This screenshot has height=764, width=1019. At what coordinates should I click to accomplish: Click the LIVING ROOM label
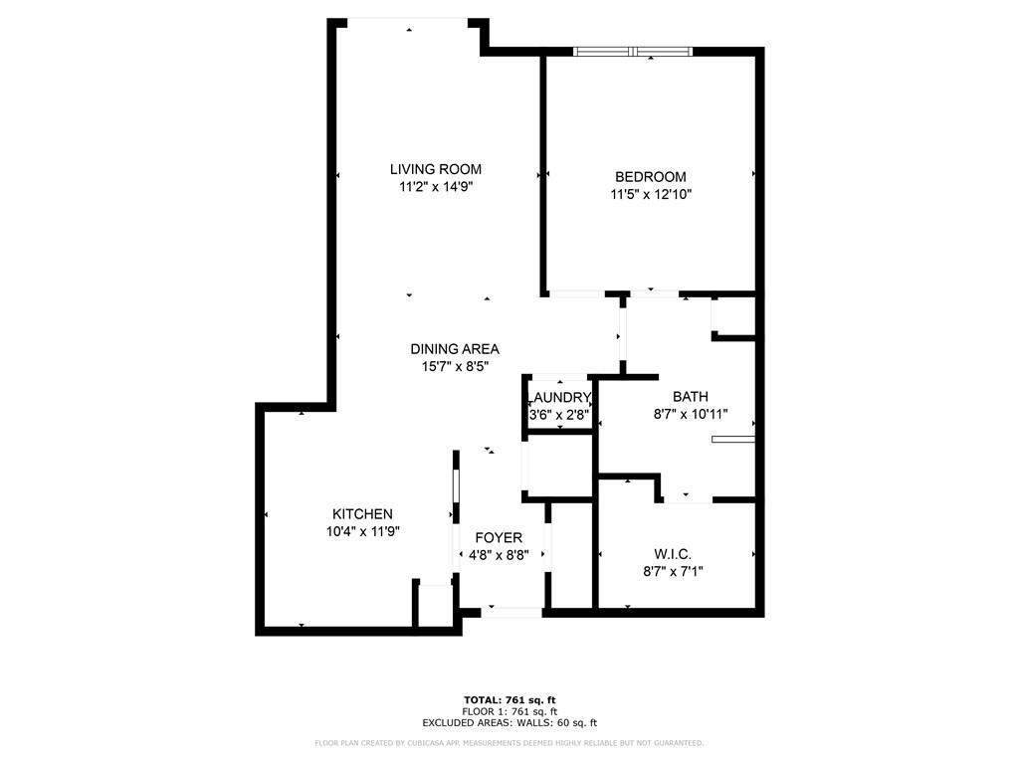pos(436,169)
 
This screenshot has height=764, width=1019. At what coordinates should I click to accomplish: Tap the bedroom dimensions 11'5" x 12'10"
pos(651,194)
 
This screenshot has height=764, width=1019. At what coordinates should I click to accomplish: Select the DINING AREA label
pos(454,349)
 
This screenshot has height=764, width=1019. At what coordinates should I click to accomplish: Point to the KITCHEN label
pos(362,514)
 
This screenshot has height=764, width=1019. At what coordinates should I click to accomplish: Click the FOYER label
pos(499,538)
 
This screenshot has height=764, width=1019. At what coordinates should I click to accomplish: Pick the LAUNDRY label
pos(559,398)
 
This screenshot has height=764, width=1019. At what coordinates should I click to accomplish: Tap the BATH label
pos(691,396)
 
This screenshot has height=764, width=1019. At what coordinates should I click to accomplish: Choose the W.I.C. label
pos(673,554)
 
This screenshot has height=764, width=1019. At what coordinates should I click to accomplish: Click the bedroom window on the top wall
pos(633,52)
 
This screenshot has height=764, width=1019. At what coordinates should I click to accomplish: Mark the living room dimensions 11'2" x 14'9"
pos(436,187)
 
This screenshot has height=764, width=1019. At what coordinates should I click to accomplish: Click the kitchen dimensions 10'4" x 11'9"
pos(362,531)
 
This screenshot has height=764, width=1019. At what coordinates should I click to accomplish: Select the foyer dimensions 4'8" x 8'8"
pos(499,555)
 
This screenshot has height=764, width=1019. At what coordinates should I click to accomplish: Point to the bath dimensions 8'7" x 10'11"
pos(691,414)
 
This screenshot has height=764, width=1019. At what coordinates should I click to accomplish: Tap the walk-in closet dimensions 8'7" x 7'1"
pos(673,572)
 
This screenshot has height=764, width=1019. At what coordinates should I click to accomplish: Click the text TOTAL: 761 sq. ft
pos(509,700)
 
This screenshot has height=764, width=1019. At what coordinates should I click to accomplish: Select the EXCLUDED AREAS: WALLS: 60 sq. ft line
pos(509,722)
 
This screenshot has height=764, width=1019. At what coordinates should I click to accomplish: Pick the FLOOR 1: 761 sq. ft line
pos(509,711)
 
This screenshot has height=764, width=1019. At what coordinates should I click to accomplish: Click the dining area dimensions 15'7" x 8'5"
pos(454,367)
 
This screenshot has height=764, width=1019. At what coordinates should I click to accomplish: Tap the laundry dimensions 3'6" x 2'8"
pos(559,415)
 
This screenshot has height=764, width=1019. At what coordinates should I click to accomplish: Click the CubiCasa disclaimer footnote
pos(509,742)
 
